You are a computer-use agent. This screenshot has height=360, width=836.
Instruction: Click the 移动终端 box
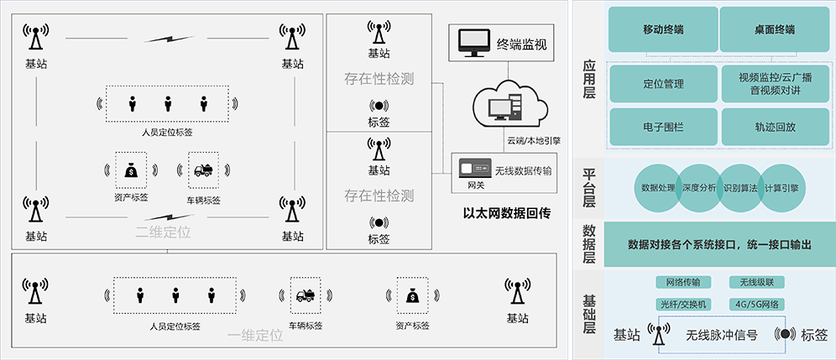[663, 30]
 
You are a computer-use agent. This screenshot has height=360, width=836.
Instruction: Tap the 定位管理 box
[663, 84]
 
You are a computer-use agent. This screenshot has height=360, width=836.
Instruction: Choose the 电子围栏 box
[663, 127]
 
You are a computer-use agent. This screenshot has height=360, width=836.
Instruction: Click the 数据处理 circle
[658, 188]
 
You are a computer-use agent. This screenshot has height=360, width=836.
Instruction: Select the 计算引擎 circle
[781, 188]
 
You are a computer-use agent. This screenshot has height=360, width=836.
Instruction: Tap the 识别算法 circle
[740, 188]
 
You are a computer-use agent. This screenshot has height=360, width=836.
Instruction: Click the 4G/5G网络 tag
[755, 304]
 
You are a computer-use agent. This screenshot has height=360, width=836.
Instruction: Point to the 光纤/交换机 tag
[682, 304]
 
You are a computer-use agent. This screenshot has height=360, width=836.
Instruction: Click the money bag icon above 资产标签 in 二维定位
[130, 170]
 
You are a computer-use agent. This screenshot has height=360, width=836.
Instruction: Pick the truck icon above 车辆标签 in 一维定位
[305, 295]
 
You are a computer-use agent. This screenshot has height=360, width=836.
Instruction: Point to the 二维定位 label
[163, 232]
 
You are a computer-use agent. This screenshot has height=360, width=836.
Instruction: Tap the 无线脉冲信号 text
[721, 335]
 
